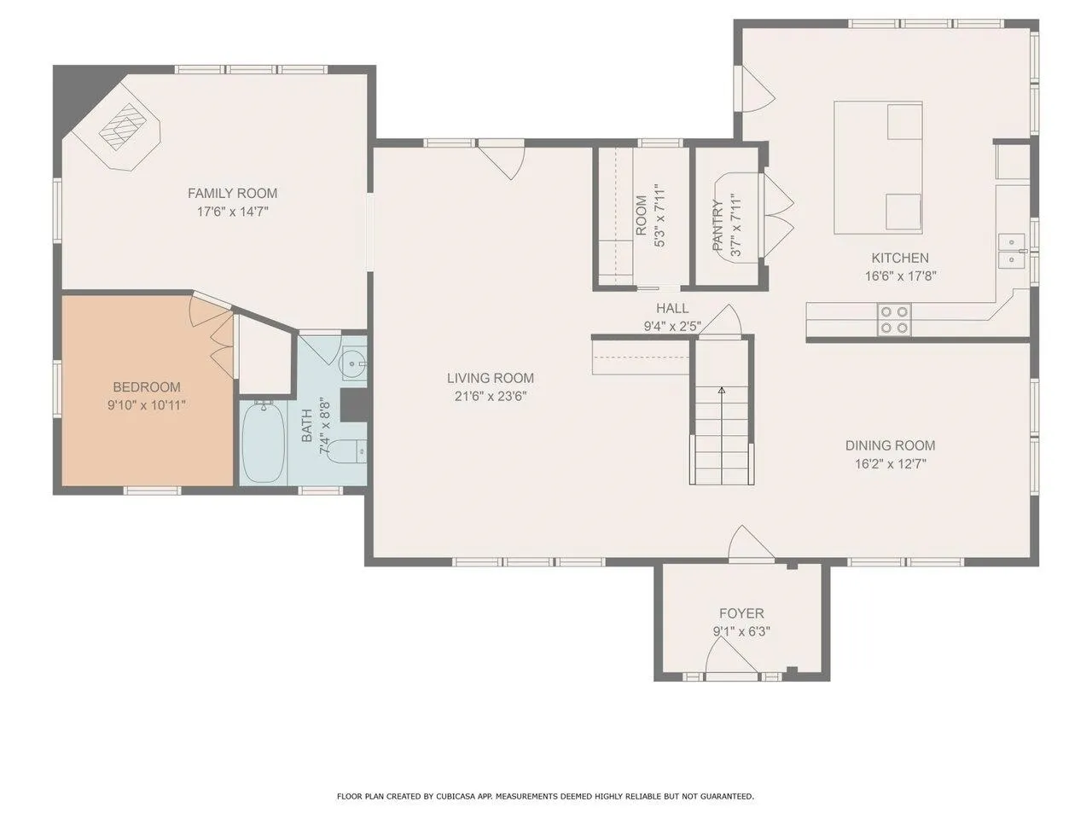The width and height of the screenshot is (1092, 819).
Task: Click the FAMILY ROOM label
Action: click(x=232, y=193)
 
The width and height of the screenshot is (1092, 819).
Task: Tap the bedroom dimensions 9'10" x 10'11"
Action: click(x=146, y=405)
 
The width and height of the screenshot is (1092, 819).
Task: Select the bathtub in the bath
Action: click(x=263, y=442)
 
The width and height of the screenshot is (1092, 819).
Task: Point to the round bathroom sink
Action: click(x=353, y=363)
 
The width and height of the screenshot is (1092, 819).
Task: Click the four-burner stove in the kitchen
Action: click(x=894, y=319)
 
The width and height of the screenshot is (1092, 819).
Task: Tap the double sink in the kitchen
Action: click(x=1012, y=251)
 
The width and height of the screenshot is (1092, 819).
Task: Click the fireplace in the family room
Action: click(x=118, y=126)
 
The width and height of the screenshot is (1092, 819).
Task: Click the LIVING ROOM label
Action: click(x=490, y=378)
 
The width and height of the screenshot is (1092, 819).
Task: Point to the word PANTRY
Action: click(x=717, y=225)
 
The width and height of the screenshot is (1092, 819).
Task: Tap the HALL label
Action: click(x=672, y=308)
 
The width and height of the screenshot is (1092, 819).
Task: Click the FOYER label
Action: click(x=741, y=613)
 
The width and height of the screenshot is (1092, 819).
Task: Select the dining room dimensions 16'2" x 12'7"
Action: click(x=891, y=464)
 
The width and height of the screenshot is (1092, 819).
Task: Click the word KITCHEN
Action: click(x=900, y=258)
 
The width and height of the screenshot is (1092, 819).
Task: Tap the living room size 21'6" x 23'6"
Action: click(x=490, y=397)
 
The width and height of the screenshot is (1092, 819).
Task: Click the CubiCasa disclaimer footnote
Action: click(x=545, y=797)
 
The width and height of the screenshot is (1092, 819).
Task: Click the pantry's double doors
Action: click(x=777, y=215)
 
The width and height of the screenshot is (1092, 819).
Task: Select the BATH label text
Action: click(x=307, y=426)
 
